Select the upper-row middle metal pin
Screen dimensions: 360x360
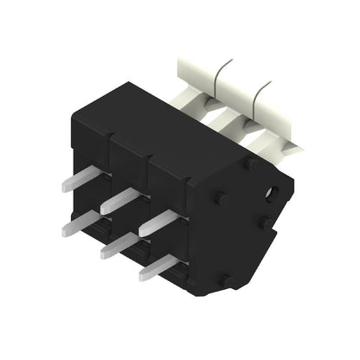click(x=119, y=202)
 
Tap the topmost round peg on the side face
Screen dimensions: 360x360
click(x=249, y=163)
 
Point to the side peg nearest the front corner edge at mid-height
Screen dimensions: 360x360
click(x=221, y=198)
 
